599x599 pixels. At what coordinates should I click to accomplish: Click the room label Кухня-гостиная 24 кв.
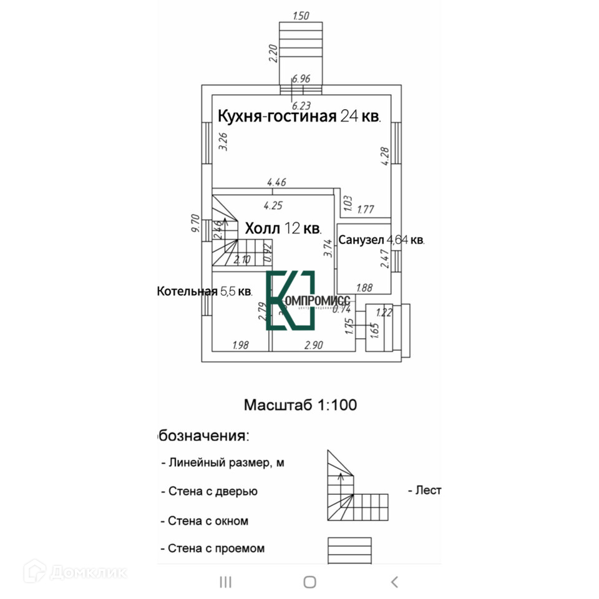coord(299,116)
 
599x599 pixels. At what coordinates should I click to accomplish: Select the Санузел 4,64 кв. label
coord(381,240)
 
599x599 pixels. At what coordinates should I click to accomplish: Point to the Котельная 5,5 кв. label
coord(205,291)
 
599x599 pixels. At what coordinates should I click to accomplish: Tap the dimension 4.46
coord(276,183)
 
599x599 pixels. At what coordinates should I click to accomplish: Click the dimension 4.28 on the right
coord(385,155)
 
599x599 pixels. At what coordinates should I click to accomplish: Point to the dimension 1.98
coord(241,345)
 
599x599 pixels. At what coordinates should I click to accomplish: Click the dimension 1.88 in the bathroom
coord(364,288)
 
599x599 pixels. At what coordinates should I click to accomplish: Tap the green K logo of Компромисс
coord(290,301)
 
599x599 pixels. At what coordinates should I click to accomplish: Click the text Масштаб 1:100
coord(300,405)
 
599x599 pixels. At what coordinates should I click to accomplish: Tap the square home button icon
coord(309,582)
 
